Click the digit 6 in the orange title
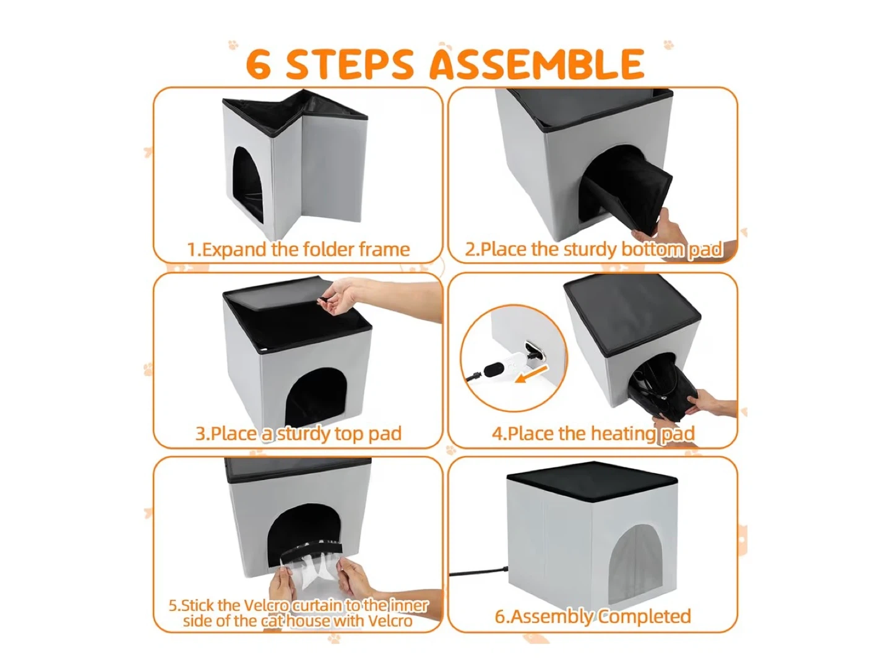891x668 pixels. click(259, 64)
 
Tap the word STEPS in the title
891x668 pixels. click(350, 64)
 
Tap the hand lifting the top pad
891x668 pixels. click(345, 296)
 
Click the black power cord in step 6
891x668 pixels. click(478, 573)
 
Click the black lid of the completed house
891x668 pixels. click(592, 479)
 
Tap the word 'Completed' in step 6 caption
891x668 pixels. click(644, 617)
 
